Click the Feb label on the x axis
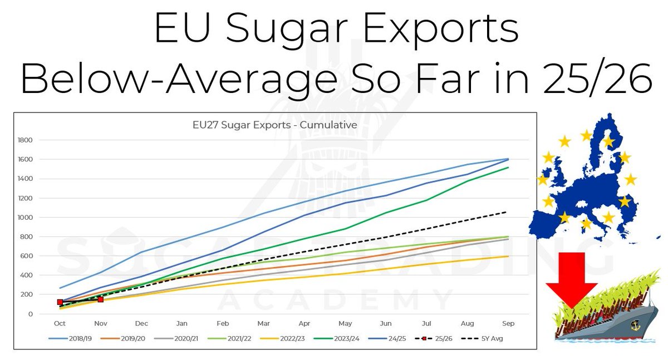(x=223, y=323)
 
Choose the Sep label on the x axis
(x=508, y=323)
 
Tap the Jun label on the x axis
(x=386, y=323)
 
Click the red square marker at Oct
(x=60, y=302)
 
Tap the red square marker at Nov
(x=101, y=299)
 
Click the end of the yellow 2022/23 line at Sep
(x=507, y=256)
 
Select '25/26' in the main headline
(x=595, y=78)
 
